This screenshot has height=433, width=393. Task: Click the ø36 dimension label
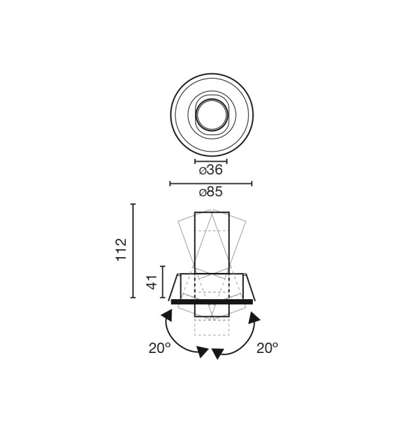[x=211, y=170]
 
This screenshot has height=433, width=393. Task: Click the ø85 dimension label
[x=211, y=192]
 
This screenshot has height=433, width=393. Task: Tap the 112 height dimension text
[x=121, y=250]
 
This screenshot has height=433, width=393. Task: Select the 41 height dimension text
[x=152, y=282]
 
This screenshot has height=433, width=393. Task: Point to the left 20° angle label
[x=160, y=348]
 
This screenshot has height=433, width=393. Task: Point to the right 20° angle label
[x=267, y=348]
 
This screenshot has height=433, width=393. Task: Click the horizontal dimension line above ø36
[x=211, y=161]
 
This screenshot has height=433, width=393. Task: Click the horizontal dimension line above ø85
[x=211, y=183]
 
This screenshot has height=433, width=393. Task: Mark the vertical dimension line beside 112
[x=133, y=251]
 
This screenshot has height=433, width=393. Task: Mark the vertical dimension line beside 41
[x=162, y=282]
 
